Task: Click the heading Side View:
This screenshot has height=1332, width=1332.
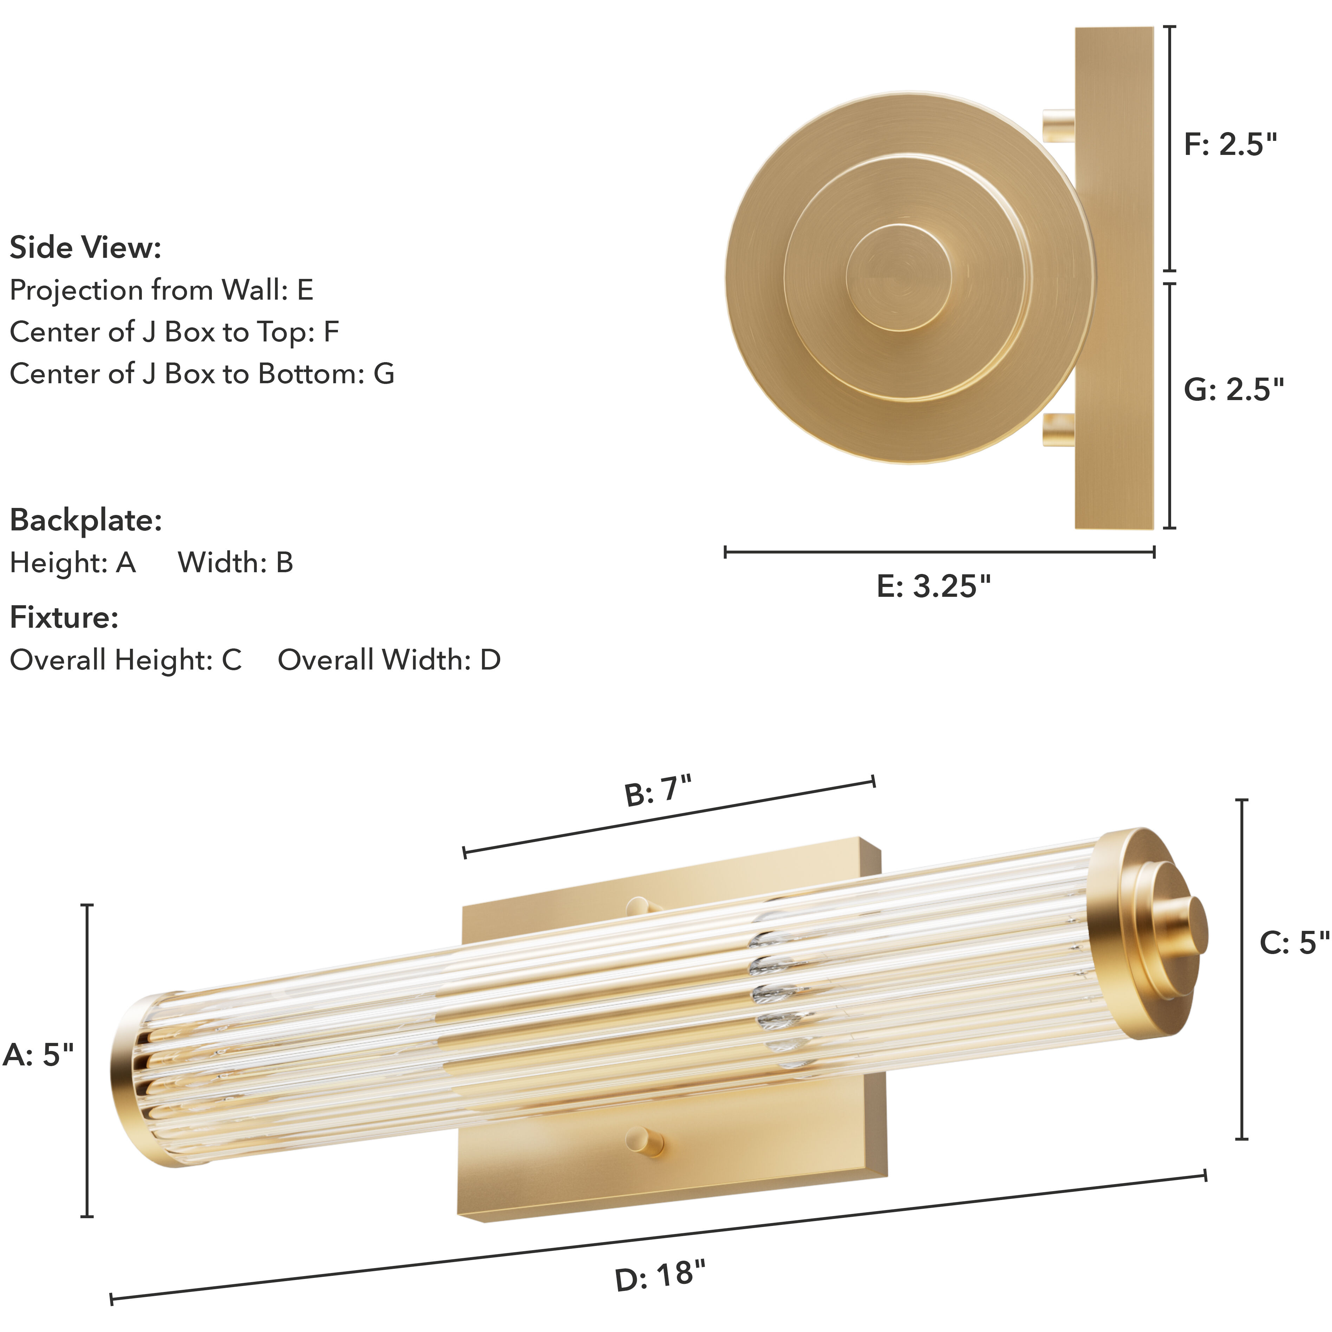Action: [x=85, y=248]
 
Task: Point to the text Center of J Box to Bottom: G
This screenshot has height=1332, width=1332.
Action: [x=201, y=374]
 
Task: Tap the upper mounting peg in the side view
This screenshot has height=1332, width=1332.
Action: [x=1060, y=126]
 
